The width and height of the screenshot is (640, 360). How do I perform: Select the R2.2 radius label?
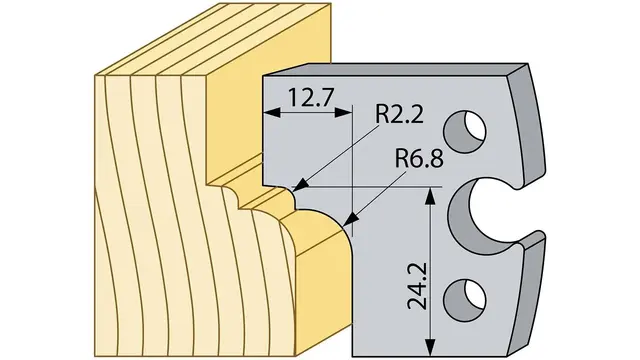(x=399, y=115)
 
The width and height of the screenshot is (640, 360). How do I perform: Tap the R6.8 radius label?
(x=419, y=158)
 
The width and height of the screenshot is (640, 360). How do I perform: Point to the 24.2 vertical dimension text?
(x=416, y=286)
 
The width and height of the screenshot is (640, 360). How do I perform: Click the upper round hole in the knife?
(x=465, y=131)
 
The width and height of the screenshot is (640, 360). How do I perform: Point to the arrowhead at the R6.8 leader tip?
(x=351, y=220)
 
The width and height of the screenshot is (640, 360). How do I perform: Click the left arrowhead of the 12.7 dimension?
(x=272, y=113)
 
